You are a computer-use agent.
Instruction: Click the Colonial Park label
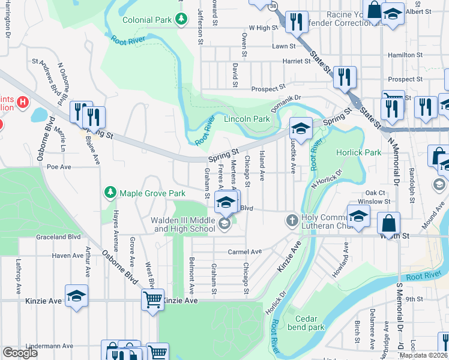click(x=147, y=20)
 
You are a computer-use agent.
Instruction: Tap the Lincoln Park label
click(x=247, y=119)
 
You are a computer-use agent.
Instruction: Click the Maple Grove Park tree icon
click(x=110, y=193)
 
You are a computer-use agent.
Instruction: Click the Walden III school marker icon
click(x=224, y=224)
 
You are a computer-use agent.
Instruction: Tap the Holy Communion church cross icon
click(x=292, y=220)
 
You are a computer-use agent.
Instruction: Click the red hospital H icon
click(x=23, y=102)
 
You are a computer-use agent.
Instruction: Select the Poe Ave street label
click(x=59, y=167)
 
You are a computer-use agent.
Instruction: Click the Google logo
click(x=20, y=353)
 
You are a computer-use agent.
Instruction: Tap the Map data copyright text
click(x=424, y=355)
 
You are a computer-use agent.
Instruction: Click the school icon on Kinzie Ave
click(x=77, y=296)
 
